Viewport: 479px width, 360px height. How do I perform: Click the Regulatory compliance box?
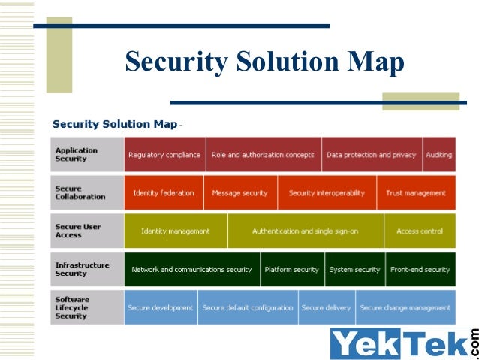pyautogui.click(x=164, y=155)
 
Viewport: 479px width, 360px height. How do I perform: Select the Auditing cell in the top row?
pyautogui.click(x=439, y=155)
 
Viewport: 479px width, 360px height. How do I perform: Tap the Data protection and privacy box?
pyautogui.click(x=371, y=155)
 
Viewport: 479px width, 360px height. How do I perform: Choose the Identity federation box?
pyautogui.click(x=163, y=193)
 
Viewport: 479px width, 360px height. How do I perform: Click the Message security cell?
pyautogui.click(x=239, y=193)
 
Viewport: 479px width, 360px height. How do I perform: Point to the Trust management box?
pyautogui.click(x=416, y=193)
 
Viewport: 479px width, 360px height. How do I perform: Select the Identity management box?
pyautogui.click(x=175, y=231)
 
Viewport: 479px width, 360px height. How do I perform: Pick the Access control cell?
pyautogui.click(x=419, y=231)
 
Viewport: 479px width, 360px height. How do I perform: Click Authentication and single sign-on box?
pyautogui.click(x=306, y=231)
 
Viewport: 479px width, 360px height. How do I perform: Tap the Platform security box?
pyautogui.click(x=291, y=270)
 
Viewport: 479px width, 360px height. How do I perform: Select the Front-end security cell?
pyautogui.click(x=420, y=270)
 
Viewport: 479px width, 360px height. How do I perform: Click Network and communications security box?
pyautogui.click(x=191, y=270)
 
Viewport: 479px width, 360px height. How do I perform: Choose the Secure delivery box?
pyautogui.click(x=326, y=308)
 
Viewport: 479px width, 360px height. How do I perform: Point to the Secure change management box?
pyautogui.click(x=405, y=308)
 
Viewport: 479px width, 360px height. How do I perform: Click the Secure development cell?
pyautogui.click(x=161, y=308)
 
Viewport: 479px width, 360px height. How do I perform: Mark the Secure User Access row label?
pyautogui.click(x=77, y=231)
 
